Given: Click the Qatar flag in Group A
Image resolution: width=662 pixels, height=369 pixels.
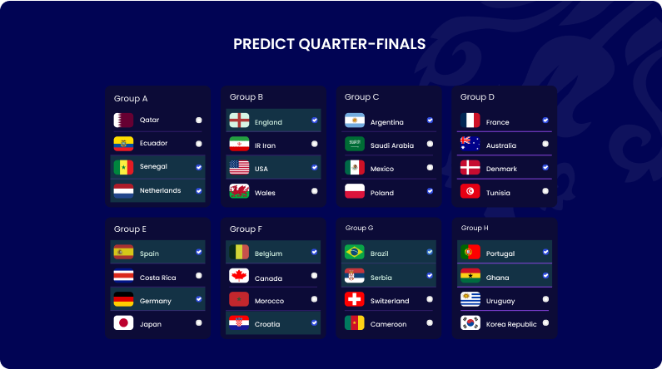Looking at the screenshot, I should [x=123, y=120].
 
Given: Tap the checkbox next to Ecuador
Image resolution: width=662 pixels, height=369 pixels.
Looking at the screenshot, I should [x=198, y=143].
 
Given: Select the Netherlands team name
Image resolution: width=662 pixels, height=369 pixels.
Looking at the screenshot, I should [x=160, y=190].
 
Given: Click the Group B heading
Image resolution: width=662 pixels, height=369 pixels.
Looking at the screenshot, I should [x=246, y=97].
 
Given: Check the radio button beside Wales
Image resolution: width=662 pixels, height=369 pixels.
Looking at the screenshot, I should [x=314, y=191].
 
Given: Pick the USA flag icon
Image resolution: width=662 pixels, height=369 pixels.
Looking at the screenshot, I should [x=239, y=168].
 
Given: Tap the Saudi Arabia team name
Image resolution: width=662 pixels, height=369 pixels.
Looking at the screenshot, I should [x=391, y=145].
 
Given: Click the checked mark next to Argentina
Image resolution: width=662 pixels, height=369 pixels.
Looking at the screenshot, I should [x=430, y=121].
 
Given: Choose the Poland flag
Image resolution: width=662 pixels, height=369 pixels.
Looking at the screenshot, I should [x=355, y=191].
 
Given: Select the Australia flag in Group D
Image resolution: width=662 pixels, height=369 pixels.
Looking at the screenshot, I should [x=470, y=145].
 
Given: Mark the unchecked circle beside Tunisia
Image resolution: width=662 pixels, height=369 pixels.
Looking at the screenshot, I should [x=545, y=191].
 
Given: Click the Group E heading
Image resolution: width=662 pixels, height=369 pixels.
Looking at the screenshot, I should [x=131, y=229].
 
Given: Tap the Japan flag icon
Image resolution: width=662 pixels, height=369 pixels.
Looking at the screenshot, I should [x=123, y=323].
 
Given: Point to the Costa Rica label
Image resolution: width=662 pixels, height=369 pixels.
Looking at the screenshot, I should [x=157, y=277].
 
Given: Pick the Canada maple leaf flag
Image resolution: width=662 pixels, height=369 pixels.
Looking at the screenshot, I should [x=239, y=277].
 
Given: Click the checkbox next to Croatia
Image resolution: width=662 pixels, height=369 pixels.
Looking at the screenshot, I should [x=314, y=322].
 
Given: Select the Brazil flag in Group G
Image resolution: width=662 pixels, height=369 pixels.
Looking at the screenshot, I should [x=355, y=252].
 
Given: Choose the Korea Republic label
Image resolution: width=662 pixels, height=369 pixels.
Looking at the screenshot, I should [x=511, y=324].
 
